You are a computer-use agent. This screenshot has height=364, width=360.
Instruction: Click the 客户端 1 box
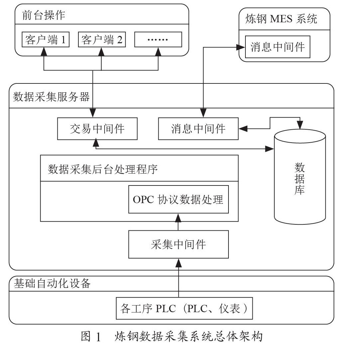point(45,40)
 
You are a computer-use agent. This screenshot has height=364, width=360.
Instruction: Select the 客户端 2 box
point(102,40)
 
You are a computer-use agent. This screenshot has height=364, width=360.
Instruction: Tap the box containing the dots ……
point(158,40)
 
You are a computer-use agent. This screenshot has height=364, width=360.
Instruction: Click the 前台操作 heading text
point(44,16)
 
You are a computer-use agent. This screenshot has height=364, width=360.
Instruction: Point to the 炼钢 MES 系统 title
point(281,19)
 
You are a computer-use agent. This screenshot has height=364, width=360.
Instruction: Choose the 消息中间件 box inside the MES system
point(277,47)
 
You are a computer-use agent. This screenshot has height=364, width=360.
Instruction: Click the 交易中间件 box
point(97,129)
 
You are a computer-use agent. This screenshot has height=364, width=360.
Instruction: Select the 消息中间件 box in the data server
point(198,129)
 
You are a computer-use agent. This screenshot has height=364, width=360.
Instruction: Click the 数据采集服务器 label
point(51,97)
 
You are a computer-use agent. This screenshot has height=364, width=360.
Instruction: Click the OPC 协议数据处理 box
point(178,199)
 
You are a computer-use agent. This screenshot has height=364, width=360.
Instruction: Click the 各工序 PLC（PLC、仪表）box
point(184,309)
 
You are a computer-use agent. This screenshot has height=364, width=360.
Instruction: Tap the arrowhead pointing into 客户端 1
point(44,52)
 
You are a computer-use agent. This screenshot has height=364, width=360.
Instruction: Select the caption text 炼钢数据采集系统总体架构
point(188,337)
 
